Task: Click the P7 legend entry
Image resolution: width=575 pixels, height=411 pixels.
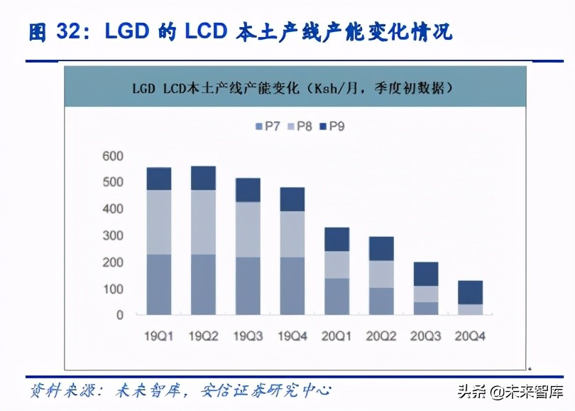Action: point(268,127)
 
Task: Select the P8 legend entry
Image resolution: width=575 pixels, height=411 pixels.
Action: point(299,127)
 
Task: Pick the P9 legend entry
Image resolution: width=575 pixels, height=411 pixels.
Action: point(332,127)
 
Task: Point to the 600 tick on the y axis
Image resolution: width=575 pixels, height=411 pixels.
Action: point(113,156)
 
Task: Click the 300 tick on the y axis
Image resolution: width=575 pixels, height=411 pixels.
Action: point(113,235)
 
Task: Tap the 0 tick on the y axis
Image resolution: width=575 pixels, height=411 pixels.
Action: point(119,315)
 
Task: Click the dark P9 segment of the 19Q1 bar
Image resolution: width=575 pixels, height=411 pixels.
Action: point(159,178)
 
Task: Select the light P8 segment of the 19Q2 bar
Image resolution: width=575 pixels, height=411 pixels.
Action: point(204,222)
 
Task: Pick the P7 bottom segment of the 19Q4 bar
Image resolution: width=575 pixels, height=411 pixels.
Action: point(293,286)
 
